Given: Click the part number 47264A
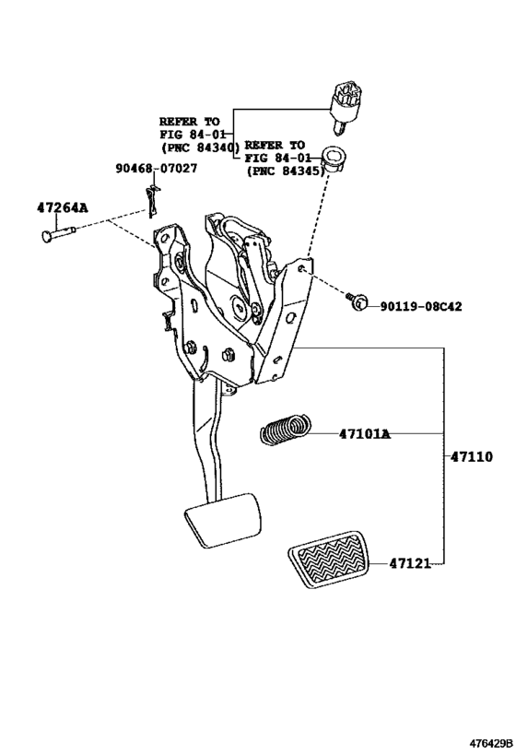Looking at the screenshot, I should (x=63, y=207).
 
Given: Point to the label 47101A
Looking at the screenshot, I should (x=364, y=433).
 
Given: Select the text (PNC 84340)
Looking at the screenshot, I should (x=199, y=147).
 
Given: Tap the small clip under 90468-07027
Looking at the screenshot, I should (x=154, y=199).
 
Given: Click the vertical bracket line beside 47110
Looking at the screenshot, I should (x=449, y=456).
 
